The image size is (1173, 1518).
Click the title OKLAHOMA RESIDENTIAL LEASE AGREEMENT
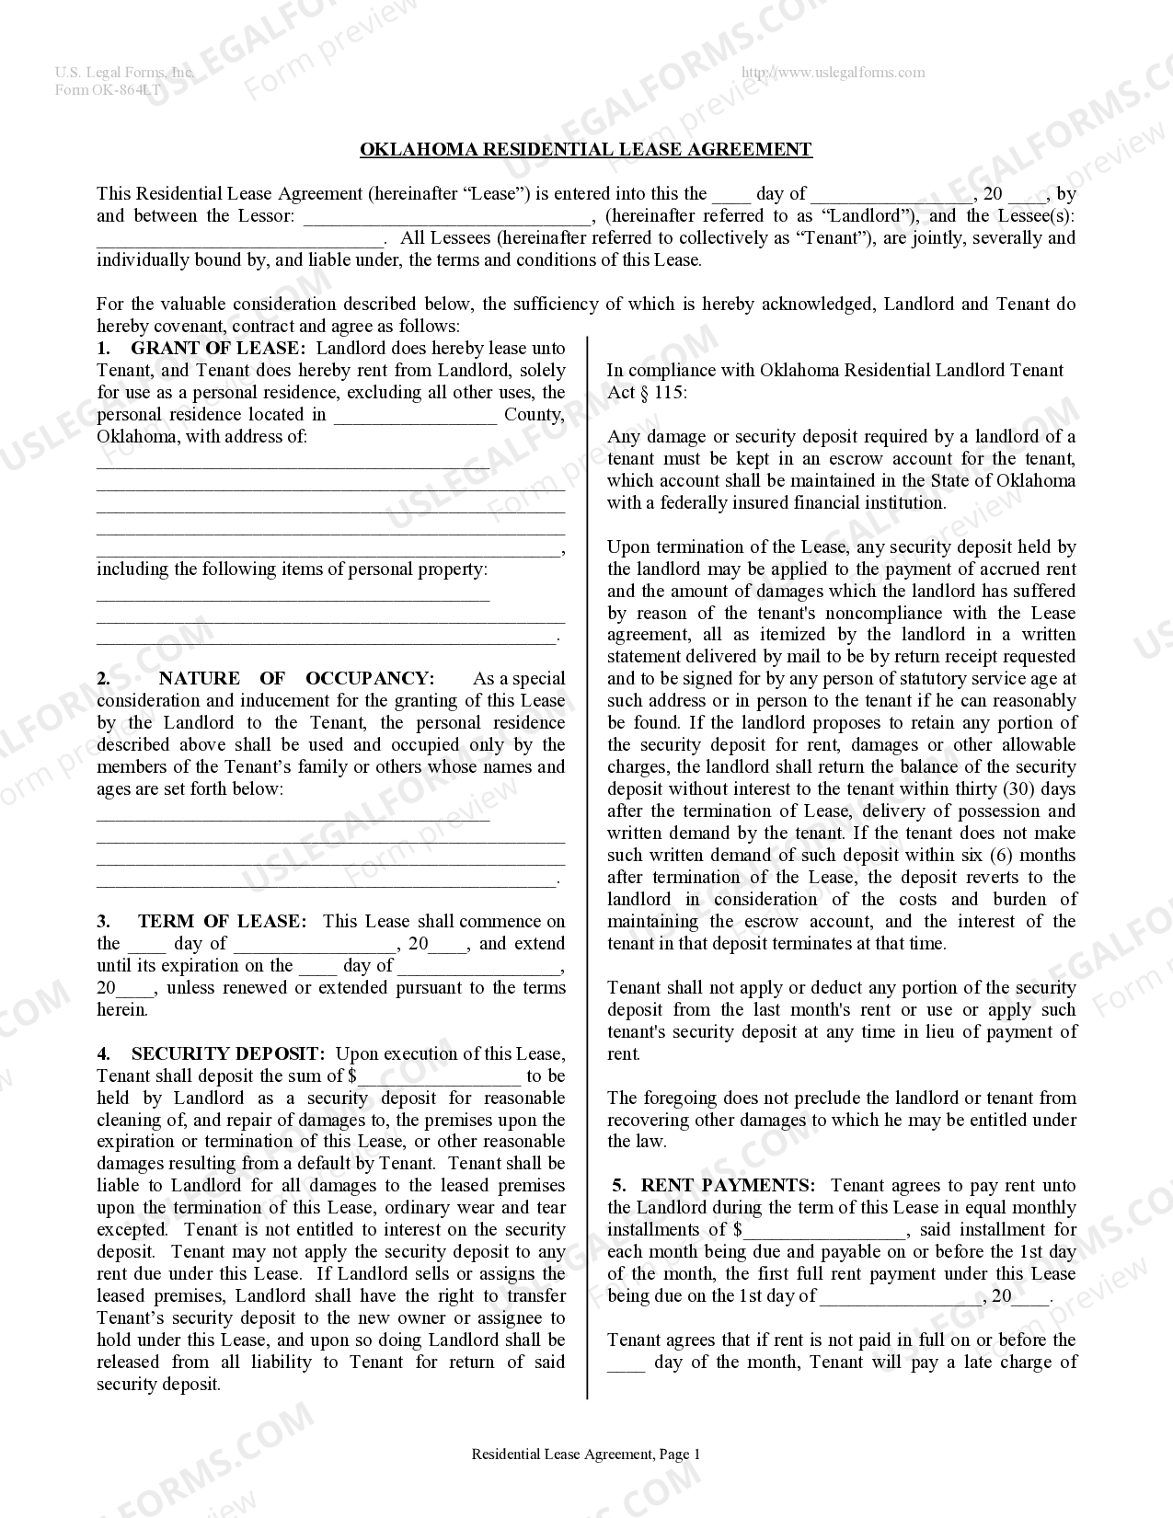point(585,149)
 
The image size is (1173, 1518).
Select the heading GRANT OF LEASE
point(216,348)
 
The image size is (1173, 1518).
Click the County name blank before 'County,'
point(415,416)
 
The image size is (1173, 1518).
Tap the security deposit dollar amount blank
point(440,1077)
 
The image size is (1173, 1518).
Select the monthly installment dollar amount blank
point(825,1231)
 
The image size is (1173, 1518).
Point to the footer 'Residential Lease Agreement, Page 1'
point(586,1455)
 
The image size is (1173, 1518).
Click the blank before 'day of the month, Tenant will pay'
point(627,1363)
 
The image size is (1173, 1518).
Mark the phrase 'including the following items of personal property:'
point(293,569)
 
